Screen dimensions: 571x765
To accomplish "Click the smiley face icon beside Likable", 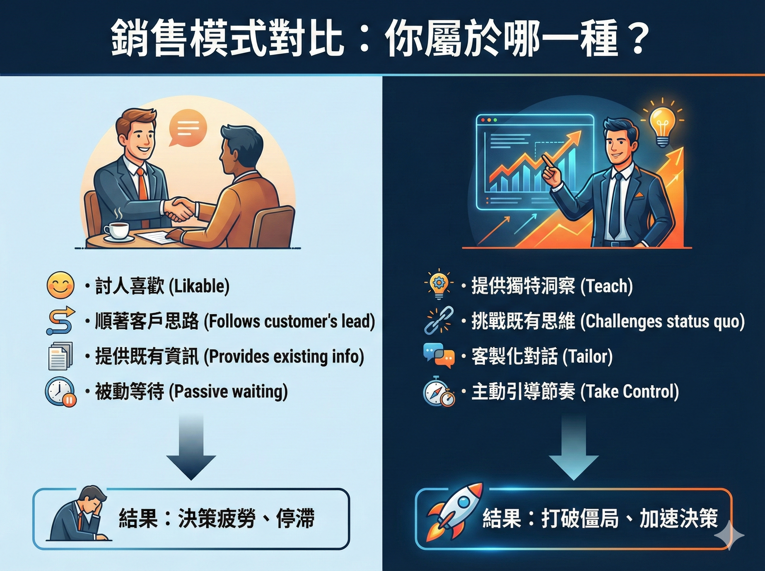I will click(61, 285).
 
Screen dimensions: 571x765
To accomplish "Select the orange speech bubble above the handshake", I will click(187, 128).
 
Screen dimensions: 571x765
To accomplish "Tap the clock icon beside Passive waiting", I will click(60, 392).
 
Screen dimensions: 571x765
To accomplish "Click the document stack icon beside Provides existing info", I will click(61, 356).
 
